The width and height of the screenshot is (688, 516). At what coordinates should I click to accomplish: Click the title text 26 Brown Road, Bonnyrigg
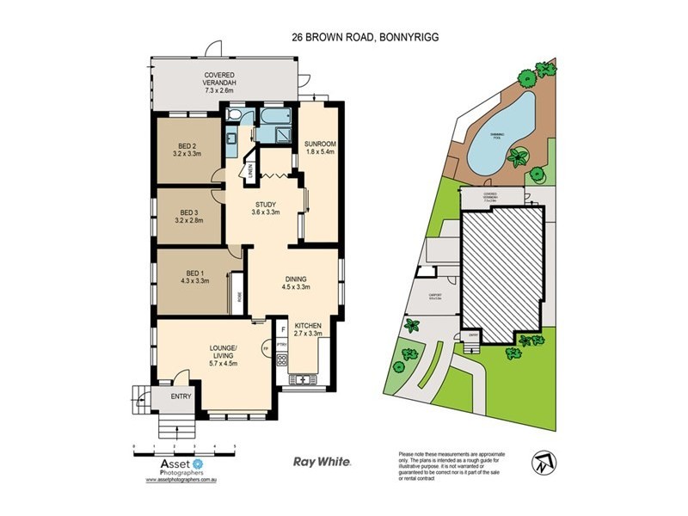click(x=344, y=37)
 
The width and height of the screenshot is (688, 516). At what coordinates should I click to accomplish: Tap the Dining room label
click(x=297, y=283)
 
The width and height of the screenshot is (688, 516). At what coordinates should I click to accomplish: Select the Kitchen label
click(x=308, y=329)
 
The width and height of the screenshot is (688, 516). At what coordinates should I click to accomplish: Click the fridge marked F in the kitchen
click(x=282, y=329)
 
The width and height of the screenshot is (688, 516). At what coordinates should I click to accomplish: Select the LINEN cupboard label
click(x=250, y=172)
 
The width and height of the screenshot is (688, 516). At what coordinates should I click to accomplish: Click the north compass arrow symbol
click(x=540, y=462)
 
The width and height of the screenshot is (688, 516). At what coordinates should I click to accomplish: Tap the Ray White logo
click(x=322, y=462)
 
